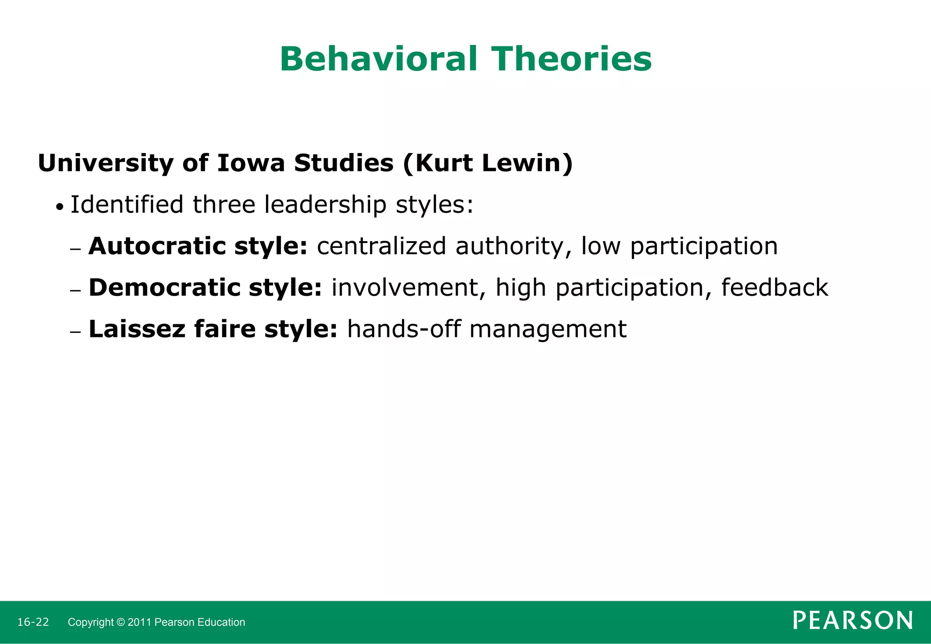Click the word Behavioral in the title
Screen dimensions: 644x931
[378, 59]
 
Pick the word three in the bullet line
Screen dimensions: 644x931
[224, 204]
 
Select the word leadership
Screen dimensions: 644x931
[325, 204]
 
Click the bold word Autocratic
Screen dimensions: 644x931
[156, 246]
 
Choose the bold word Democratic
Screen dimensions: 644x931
[164, 287]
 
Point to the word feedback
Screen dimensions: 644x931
[775, 287]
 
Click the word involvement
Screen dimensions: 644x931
[405, 287]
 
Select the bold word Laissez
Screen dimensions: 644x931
[137, 329]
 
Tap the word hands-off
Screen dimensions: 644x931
[404, 329]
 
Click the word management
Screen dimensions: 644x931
[548, 330]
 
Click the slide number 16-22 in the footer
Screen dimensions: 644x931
[33, 622]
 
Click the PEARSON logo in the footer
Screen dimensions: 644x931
[852, 621]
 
